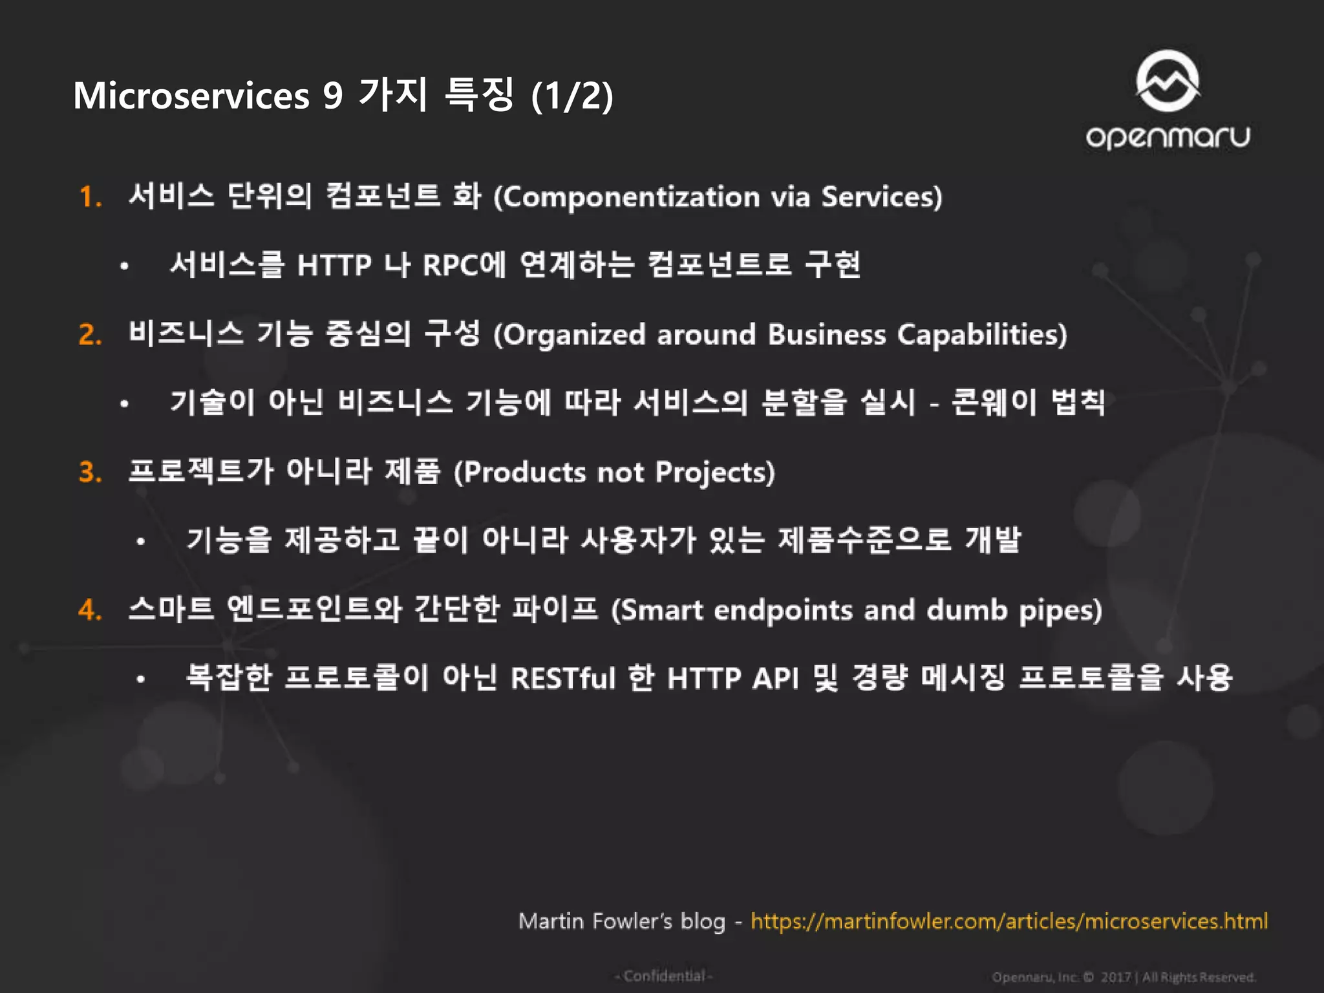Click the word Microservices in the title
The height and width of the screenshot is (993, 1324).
tap(191, 96)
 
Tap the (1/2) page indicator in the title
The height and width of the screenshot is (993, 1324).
tap(571, 96)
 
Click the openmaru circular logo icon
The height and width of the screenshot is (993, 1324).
tap(1168, 81)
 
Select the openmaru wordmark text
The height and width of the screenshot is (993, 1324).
tap(1168, 137)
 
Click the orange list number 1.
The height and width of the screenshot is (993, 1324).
tap(90, 197)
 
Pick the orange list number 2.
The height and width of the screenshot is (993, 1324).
tap(90, 335)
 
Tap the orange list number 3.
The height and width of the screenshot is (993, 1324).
tap(90, 473)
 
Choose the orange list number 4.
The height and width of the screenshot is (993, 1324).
tap(90, 610)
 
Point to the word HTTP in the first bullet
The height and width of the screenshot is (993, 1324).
tap(334, 265)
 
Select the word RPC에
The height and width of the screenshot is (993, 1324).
tap(464, 265)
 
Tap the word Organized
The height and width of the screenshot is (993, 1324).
tap(573, 335)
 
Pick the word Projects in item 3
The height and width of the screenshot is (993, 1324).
tap(714, 473)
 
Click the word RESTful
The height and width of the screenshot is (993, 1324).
tap(562, 679)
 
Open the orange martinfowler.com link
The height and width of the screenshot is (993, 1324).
tap(1009, 921)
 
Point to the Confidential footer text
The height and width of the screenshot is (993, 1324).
tap(663, 976)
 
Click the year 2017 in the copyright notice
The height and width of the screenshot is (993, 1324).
tap(1115, 977)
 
